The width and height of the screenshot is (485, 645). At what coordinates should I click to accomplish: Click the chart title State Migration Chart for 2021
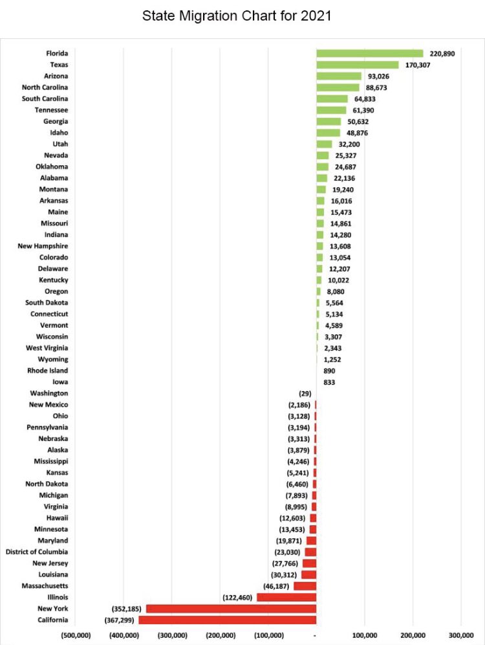(237, 16)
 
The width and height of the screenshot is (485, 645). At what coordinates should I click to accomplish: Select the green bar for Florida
(369, 54)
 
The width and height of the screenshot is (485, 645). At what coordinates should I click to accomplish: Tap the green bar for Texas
(357, 65)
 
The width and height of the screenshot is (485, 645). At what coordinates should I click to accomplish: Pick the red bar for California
(227, 620)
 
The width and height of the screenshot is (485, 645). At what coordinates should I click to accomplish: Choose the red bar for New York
(231, 609)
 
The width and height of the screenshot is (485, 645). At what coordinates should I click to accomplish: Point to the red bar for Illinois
(286, 597)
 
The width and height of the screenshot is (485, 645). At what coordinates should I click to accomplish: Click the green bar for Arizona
(338, 76)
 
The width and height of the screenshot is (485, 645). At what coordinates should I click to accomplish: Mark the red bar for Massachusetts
(305, 586)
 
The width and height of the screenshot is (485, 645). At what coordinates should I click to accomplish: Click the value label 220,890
(442, 54)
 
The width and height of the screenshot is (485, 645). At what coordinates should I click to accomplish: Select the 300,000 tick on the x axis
(461, 635)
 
